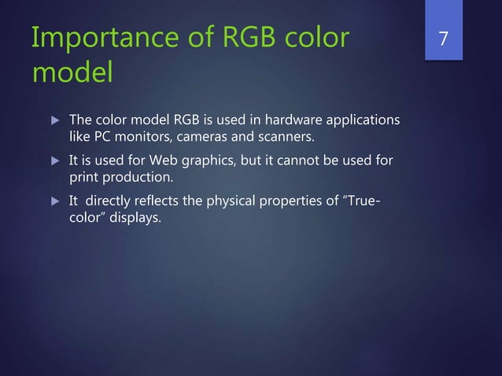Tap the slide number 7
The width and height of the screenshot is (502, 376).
coord(444,38)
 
